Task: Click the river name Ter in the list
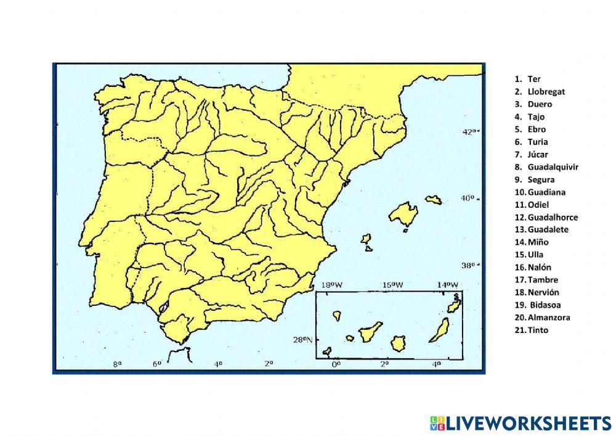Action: tap(533, 79)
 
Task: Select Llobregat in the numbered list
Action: tap(546, 91)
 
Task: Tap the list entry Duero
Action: tap(540, 104)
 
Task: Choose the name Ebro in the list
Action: tap(537, 130)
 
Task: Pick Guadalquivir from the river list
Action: tap(553, 167)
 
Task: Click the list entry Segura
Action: tap(541, 179)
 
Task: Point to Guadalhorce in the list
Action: tap(553, 217)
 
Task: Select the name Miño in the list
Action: tap(538, 242)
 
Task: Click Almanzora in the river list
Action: tap(548, 318)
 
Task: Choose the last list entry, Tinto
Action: tap(538, 330)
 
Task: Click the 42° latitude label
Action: tap(470, 131)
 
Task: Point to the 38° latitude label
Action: tap(470, 266)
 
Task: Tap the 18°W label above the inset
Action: tap(332, 285)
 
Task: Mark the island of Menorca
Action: tap(434, 200)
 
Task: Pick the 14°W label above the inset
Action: tap(448, 285)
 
